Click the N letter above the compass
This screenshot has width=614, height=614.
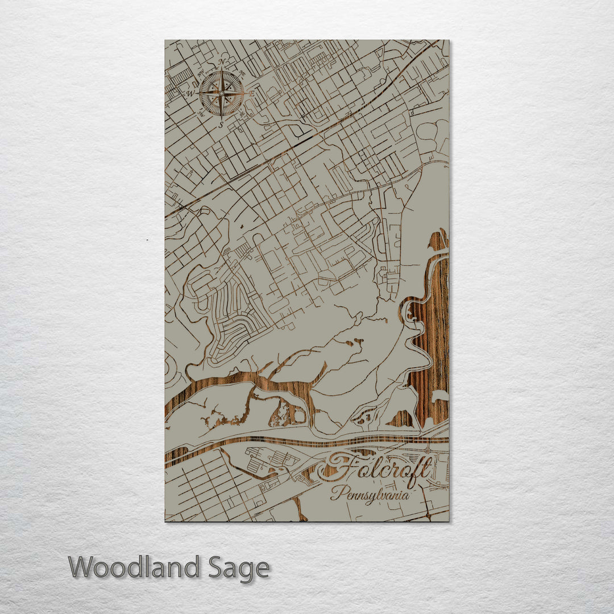(222, 62)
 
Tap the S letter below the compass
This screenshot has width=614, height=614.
(221, 125)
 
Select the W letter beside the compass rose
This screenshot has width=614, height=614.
(190, 93)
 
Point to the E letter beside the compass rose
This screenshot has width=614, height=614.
(252, 93)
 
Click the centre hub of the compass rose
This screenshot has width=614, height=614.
(221, 93)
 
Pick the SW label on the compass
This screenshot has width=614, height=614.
(201, 114)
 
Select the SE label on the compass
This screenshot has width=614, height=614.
(242, 114)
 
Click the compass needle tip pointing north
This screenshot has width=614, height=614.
(221, 68)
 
